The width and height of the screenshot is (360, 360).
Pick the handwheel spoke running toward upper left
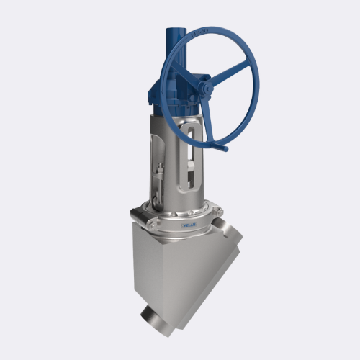(189, 72)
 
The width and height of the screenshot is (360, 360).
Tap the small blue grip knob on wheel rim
(224, 148)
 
